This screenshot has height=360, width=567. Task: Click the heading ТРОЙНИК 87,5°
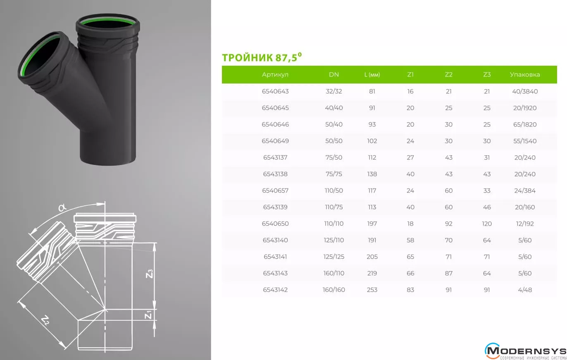click(262, 57)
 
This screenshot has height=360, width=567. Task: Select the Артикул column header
click(275, 74)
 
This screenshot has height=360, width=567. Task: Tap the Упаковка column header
click(525, 74)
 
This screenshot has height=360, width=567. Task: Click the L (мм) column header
click(372, 74)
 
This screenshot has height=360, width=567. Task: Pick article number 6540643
click(275, 91)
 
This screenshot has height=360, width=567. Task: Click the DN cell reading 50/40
click(334, 124)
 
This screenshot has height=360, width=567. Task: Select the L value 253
click(372, 290)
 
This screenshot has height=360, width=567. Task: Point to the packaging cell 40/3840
click(525, 91)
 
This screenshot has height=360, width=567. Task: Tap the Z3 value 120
click(487, 224)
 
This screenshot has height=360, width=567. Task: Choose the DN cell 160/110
click(334, 273)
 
